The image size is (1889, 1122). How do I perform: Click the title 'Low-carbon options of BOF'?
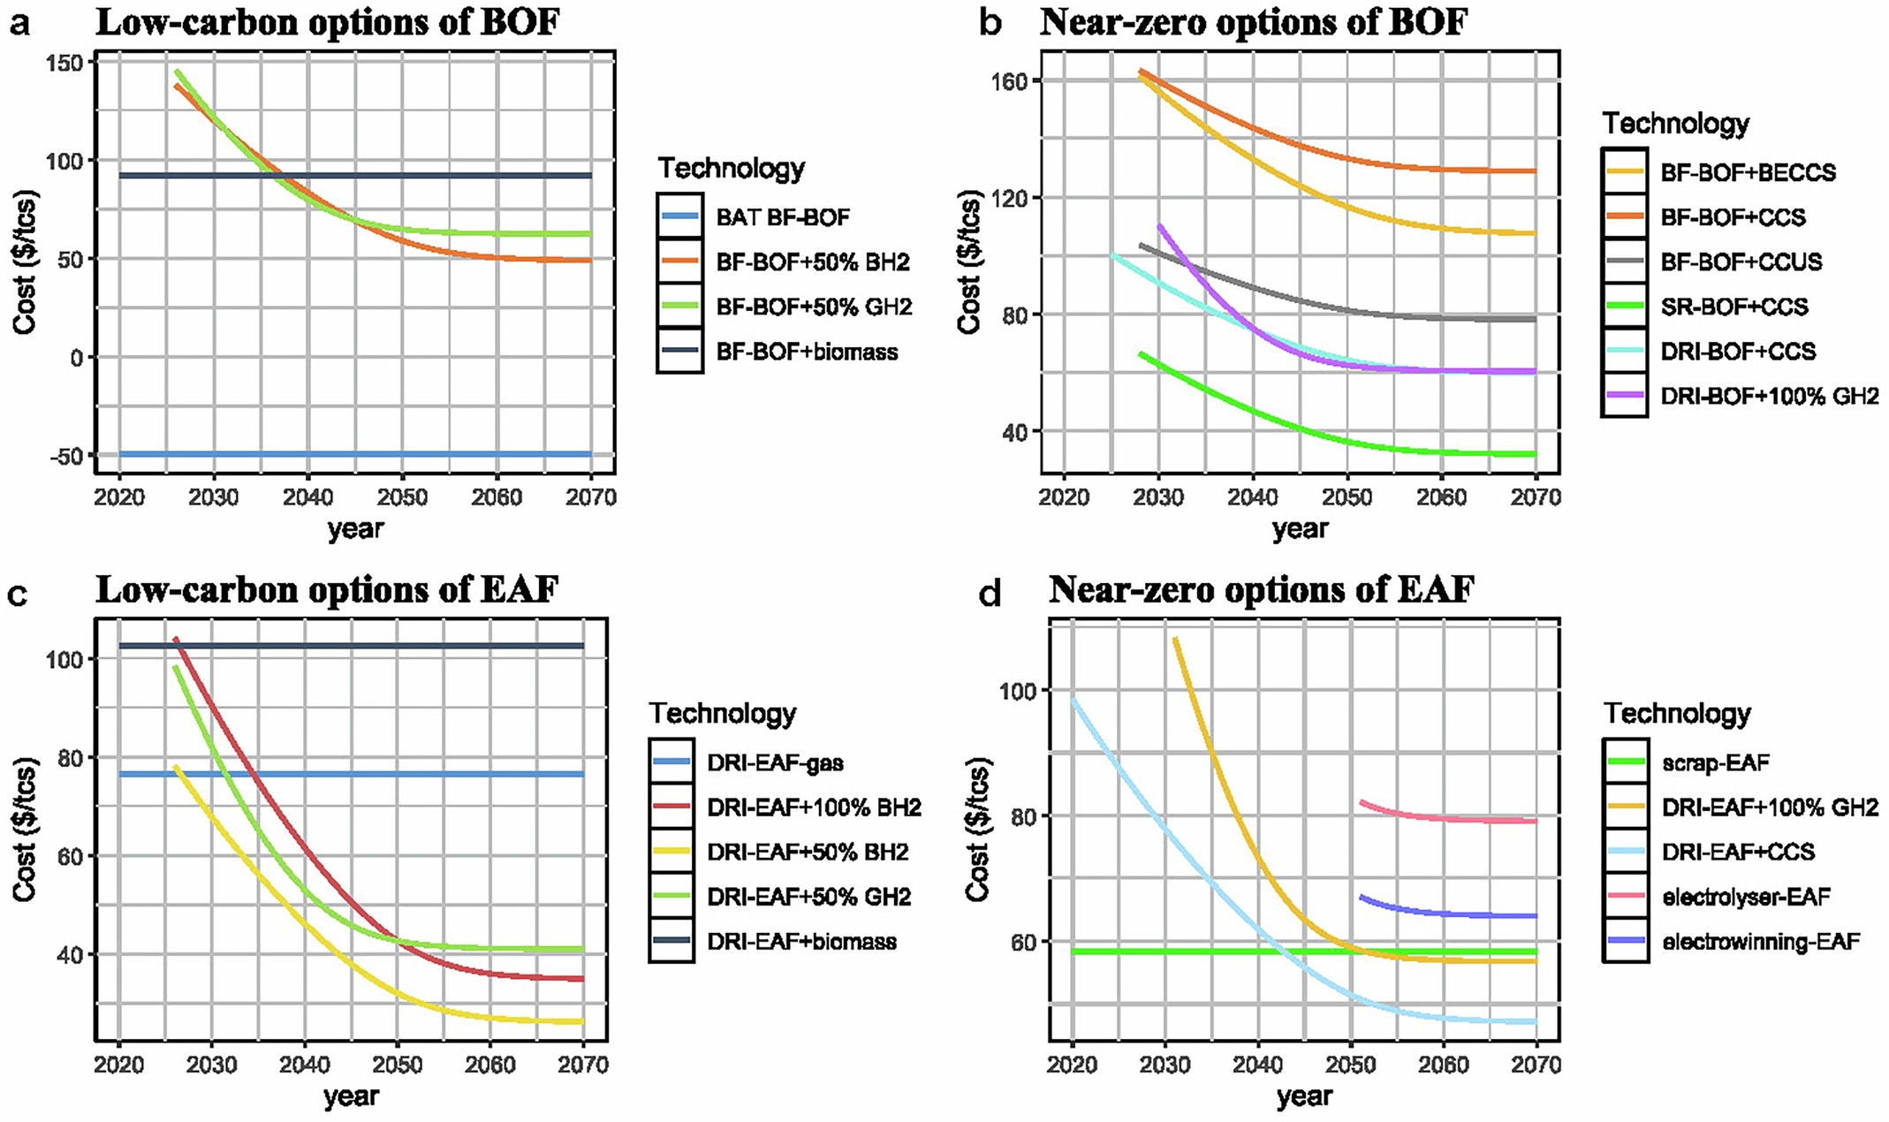327,22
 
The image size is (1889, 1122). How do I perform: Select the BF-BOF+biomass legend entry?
806,352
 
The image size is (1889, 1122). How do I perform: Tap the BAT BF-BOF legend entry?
783,217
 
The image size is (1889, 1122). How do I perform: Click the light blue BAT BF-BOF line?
353,454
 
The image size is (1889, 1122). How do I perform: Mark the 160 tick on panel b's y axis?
1011,81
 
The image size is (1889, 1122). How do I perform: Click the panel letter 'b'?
990,23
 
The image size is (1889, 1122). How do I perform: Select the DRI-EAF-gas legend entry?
775,762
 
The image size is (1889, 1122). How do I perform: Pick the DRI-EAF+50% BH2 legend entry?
808,853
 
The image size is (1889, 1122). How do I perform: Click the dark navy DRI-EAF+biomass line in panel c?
353,646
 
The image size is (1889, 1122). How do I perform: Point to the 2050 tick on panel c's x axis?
397,1065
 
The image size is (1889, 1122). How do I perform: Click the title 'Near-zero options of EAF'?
1261,589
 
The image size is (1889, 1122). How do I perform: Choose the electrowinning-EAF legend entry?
1760,942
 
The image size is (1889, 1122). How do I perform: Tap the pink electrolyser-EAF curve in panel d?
1449,818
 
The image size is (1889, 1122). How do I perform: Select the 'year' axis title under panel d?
1304,1096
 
